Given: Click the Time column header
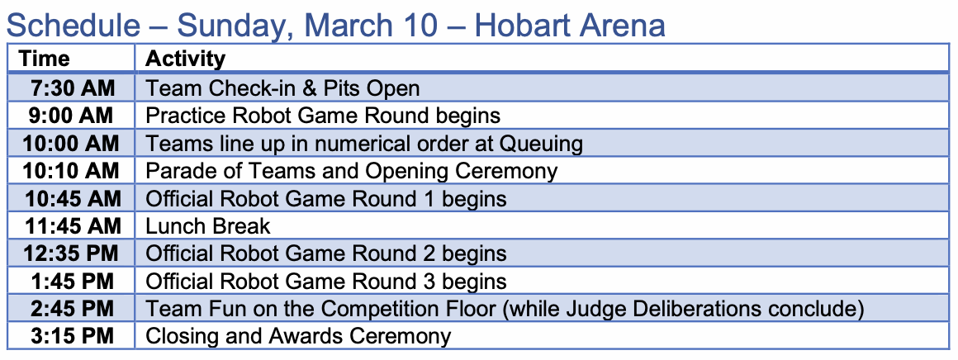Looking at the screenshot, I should [45, 59].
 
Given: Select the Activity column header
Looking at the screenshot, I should [185, 59].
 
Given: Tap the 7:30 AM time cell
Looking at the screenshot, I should [73, 88].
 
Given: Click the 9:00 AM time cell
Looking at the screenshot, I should [73, 116].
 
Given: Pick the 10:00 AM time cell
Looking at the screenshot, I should [71, 143].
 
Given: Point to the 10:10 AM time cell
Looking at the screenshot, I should [71, 171].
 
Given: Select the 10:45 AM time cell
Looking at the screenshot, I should [71, 198].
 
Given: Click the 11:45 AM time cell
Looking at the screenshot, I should [71, 225].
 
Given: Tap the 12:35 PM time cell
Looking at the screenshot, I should [71, 253].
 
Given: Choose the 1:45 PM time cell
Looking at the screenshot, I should [73, 281].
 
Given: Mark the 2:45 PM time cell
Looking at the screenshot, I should [73, 308].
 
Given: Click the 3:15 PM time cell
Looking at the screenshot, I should [73, 336].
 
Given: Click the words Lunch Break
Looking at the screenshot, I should [208, 225].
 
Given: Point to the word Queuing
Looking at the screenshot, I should [541, 144].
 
